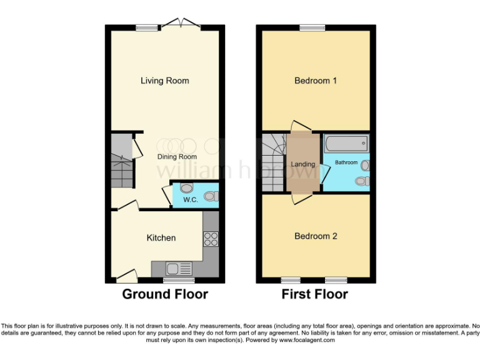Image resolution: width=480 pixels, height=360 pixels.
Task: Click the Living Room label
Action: pyautogui.click(x=164, y=81)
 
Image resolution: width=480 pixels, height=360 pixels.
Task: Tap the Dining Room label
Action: pyautogui.click(x=177, y=157)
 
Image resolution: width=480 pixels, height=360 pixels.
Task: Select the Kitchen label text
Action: pyautogui.click(x=161, y=237)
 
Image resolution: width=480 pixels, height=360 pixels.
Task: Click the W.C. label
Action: pyautogui.click(x=189, y=200)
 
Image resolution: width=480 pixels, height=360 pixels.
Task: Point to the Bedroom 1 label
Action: pyautogui.click(x=316, y=81)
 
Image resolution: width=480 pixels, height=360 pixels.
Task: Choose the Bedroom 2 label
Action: pyautogui.click(x=316, y=236)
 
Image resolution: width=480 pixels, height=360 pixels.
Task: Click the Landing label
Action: pyautogui.click(x=303, y=164)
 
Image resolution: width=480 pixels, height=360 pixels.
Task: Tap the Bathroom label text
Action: pyautogui.click(x=346, y=162)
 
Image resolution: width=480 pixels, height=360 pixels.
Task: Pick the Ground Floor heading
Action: pyautogui.click(x=164, y=294)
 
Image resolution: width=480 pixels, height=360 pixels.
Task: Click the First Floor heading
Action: pyautogui.click(x=315, y=294)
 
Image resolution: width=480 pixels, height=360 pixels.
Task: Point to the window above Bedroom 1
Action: pyautogui.click(x=312, y=27)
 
